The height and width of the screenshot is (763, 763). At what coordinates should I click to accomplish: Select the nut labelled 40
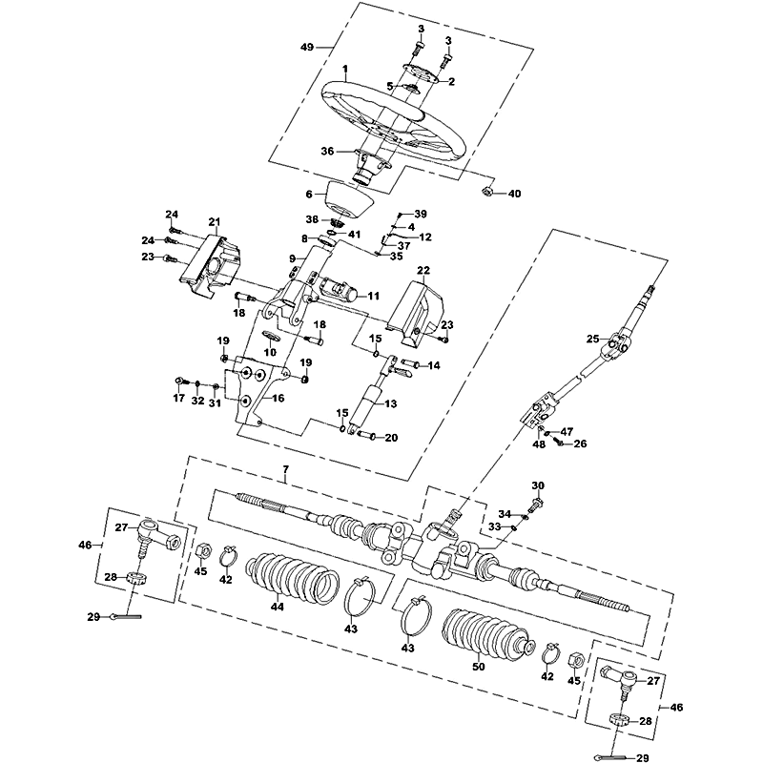[485, 192]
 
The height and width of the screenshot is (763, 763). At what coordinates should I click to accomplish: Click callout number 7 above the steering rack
[284, 470]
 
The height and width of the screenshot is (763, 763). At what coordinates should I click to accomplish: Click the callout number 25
[592, 339]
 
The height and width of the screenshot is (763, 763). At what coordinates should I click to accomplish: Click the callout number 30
[537, 485]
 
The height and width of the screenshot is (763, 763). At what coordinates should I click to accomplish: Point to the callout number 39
[421, 214]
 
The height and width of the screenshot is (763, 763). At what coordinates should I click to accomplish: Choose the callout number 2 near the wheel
[451, 82]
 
